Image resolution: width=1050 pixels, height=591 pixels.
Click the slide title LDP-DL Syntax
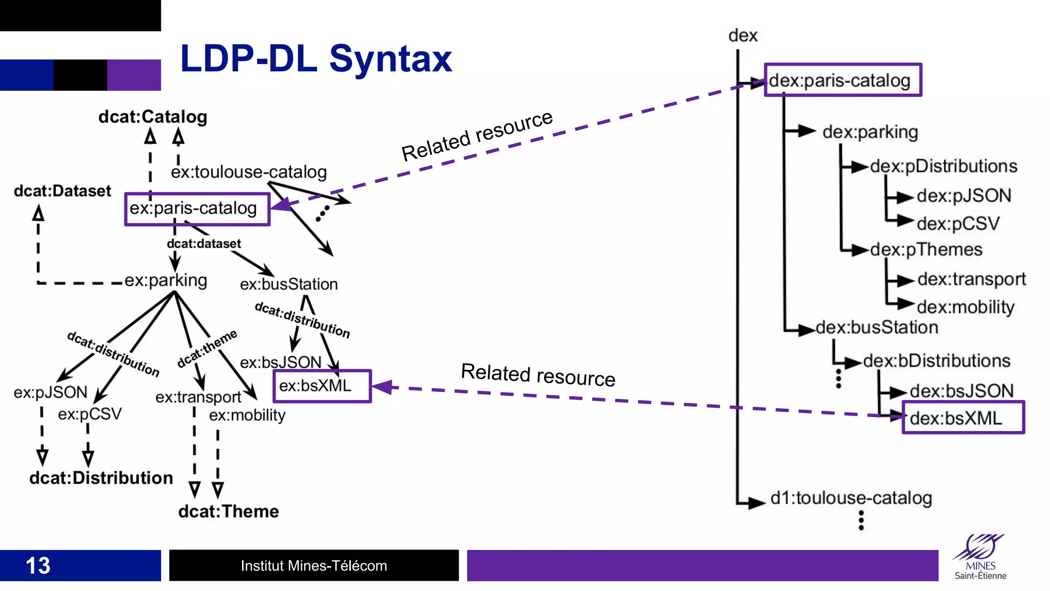click(x=316, y=59)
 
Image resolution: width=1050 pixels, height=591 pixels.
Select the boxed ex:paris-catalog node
click(x=197, y=209)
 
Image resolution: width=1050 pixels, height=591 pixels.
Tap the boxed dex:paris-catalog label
click(x=842, y=80)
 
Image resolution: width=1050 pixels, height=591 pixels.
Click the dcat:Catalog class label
click(x=153, y=117)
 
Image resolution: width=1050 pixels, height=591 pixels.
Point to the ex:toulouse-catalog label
click(x=249, y=172)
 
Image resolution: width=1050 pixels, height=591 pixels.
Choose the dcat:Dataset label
click(x=62, y=191)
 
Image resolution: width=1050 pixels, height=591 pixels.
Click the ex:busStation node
click(x=289, y=284)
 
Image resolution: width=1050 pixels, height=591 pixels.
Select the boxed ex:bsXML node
click(x=322, y=386)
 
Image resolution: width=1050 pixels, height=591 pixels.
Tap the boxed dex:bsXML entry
click(x=962, y=418)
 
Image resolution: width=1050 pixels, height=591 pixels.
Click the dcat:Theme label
click(x=229, y=511)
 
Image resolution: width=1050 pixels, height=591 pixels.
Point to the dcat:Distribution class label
click(x=101, y=478)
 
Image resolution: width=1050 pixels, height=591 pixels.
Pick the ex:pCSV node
click(x=90, y=414)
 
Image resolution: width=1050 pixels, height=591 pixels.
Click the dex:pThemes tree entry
click(x=926, y=250)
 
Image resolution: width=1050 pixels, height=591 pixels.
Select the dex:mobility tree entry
click(x=965, y=307)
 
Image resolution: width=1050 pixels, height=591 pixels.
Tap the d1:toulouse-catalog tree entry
click(x=851, y=498)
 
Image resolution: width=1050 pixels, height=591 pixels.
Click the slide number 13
click(x=38, y=566)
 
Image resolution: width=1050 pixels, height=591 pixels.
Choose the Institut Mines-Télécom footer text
click(x=314, y=566)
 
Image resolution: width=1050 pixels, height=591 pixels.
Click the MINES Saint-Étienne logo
click(x=980, y=558)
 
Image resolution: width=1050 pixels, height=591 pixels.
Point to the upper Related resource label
click(x=477, y=136)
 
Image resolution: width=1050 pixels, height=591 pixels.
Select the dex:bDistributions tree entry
click(x=936, y=361)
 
